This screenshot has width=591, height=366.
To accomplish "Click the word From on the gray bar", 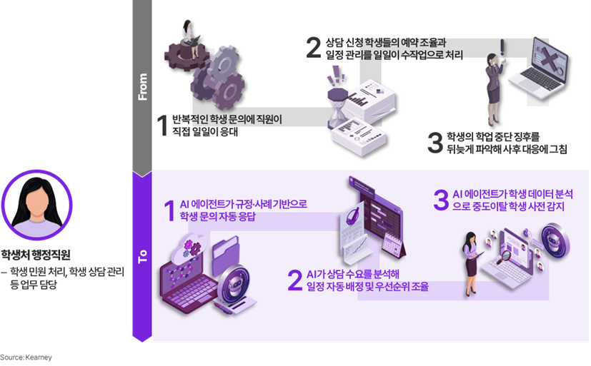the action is click(142, 87).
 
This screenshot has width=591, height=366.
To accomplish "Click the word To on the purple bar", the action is click(142, 256).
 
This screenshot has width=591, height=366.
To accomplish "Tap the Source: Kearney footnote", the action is click(26, 357).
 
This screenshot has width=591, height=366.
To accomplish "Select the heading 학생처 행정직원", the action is click(36, 255).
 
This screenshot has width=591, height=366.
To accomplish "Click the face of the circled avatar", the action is click(36, 204).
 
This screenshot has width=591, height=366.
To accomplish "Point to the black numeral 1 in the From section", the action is click(162, 126).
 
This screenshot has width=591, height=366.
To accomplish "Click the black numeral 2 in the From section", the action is click(314, 48).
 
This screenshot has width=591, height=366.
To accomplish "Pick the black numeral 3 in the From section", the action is click(435, 143).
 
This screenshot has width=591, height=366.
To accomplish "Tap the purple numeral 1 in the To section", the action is click(169, 210).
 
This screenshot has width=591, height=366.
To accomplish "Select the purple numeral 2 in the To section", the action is click(295, 280).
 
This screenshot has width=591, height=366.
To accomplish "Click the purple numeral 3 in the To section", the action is click(441, 200).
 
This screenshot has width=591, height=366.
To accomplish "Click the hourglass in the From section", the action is click(337, 108).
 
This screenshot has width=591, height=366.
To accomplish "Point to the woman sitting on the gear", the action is click(190, 39).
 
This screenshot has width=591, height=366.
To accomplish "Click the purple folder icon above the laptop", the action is click(226, 255).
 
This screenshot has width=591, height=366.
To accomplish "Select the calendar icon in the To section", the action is click(393, 245).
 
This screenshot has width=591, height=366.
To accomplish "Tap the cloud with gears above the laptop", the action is click(189, 248).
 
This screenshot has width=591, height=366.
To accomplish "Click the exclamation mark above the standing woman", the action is click(502, 48).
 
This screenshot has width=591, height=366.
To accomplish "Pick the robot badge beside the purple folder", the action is click(234, 285).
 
